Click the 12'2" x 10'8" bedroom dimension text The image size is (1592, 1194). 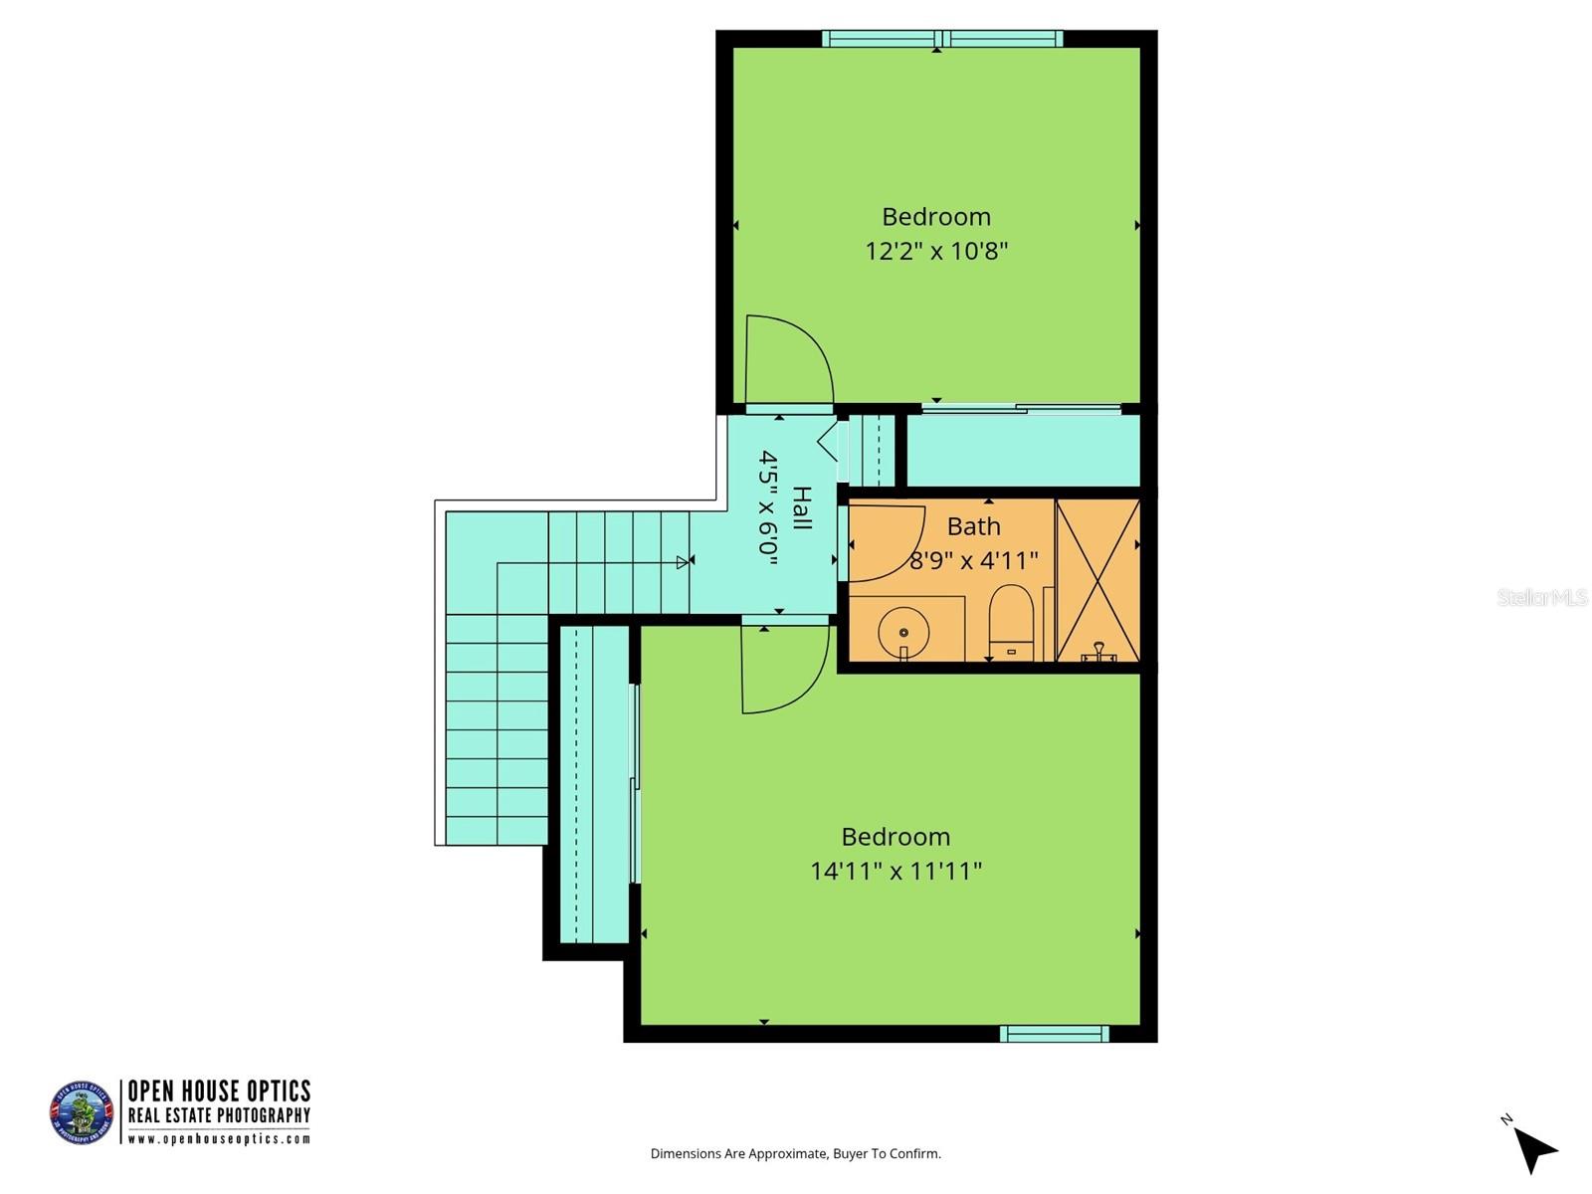tap(936, 251)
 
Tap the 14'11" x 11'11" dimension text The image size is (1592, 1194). tap(895, 872)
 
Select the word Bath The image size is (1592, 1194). tap(973, 526)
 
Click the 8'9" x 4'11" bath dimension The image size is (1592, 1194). tap(974, 561)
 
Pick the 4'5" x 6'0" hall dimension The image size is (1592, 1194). tap(768, 507)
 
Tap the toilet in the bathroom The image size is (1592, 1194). tap(1012, 623)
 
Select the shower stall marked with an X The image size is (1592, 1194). tap(1097, 580)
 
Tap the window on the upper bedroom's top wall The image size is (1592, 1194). tap(942, 39)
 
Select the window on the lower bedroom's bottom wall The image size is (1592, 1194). tap(1054, 1034)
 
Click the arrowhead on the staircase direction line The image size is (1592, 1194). tap(683, 562)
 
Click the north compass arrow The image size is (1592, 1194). tap(1535, 1150)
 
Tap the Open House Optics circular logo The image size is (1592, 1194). tap(82, 1111)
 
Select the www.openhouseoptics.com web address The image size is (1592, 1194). tap(219, 1139)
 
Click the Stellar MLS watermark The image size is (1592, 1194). tap(1542, 597)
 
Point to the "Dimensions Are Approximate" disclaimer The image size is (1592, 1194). tap(795, 1154)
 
